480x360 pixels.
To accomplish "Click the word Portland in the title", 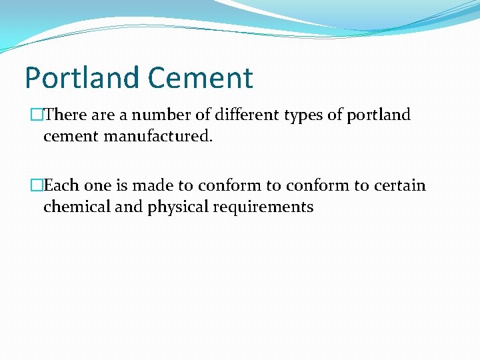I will [x=83, y=77].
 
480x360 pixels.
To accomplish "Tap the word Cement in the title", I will [x=200, y=77].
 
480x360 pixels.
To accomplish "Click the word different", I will [x=245, y=115].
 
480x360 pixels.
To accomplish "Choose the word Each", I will [x=61, y=185].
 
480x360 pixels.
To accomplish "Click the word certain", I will [x=400, y=185].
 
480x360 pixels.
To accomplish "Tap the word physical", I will [x=178, y=207].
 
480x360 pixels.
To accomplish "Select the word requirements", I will [x=263, y=207].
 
